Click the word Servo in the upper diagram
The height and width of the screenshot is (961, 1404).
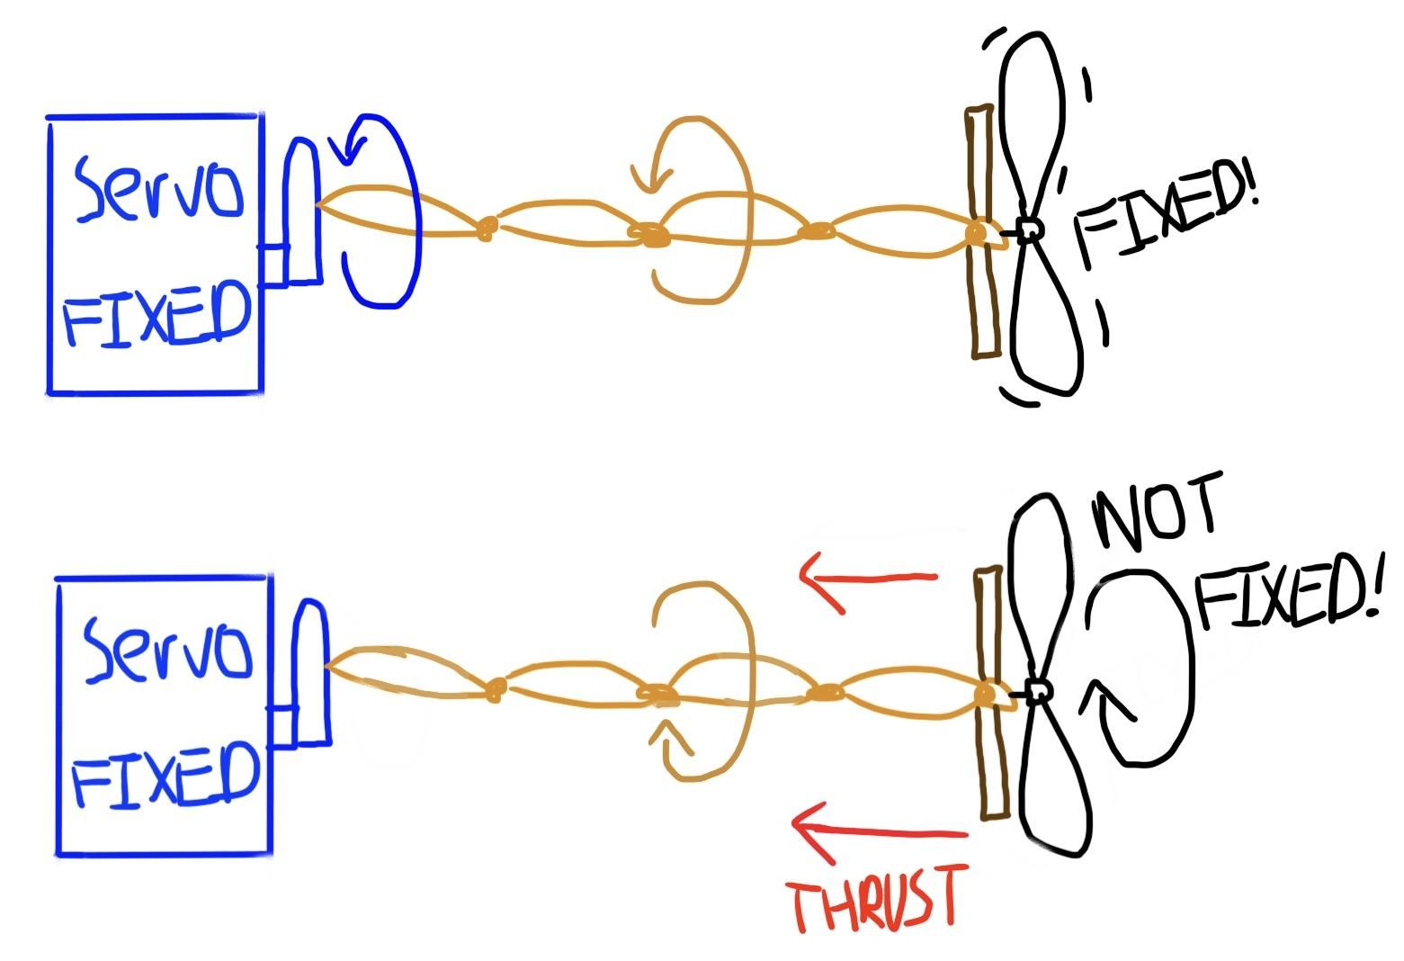point(158,188)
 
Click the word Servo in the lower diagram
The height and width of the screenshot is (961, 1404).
point(168,649)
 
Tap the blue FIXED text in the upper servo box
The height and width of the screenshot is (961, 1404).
point(156,313)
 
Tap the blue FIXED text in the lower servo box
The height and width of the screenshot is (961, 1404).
point(165,775)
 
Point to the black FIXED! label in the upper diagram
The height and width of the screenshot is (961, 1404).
point(1166,213)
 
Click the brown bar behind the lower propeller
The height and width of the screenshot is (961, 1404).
point(991,693)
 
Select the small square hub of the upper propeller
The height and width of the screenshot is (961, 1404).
point(1028,231)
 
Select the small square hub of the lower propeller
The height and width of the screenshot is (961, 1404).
point(1038,692)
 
